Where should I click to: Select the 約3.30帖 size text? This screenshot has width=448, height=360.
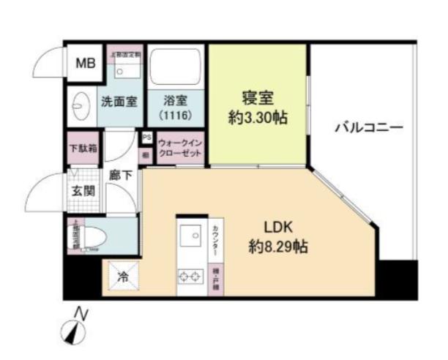pos(257,117)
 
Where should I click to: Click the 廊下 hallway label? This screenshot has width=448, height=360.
pos(121,176)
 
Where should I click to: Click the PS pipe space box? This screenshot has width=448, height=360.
pos(146,138)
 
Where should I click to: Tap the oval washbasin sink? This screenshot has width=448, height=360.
pos(79,105)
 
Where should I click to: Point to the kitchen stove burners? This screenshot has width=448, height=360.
pos(189,277)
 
